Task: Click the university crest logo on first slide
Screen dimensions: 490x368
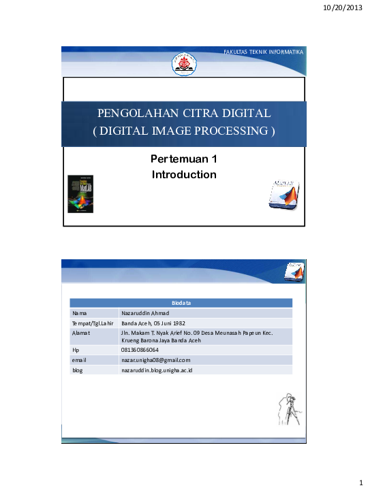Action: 184,63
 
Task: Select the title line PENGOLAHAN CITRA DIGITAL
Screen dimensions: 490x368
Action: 184,113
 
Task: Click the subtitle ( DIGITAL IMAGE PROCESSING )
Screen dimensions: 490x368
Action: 184,131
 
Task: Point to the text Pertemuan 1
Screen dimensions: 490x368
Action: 183,159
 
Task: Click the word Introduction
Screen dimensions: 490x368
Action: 184,175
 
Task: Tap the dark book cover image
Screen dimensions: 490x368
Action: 79,195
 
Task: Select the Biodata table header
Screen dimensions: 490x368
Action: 181,302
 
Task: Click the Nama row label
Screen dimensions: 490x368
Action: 80,312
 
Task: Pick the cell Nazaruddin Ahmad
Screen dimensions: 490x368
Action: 146,312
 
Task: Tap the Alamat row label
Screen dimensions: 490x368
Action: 81,333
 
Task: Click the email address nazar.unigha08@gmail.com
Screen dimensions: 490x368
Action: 155,359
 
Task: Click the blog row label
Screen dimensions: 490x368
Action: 78,370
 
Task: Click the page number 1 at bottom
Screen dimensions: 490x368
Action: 360,483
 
